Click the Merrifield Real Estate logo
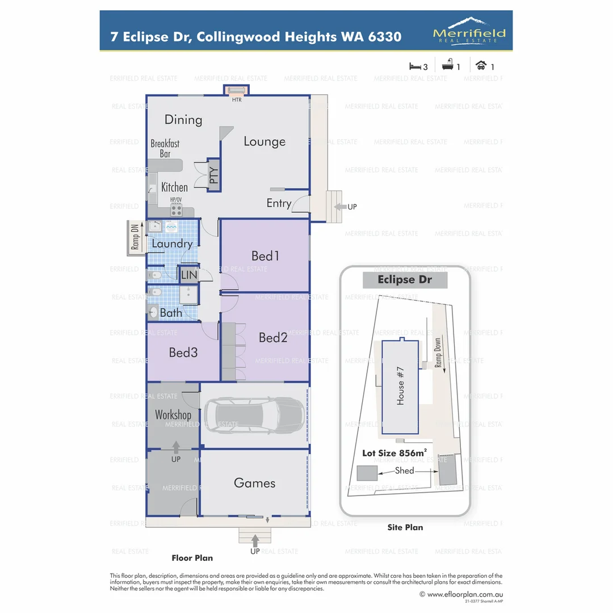[x=469, y=31]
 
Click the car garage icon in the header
[x=481, y=66]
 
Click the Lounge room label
[x=264, y=141]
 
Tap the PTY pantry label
[x=213, y=176]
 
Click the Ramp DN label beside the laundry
[x=135, y=237]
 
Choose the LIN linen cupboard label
[x=189, y=275]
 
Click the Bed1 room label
[x=266, y=256]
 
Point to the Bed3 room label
[x=183, y=352]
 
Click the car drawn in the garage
[x=254, y=415]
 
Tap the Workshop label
[x=173, y=415]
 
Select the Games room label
[x=254, y=483]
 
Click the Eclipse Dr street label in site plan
[x=405, y=280]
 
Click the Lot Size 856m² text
[x=394, y=453]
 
